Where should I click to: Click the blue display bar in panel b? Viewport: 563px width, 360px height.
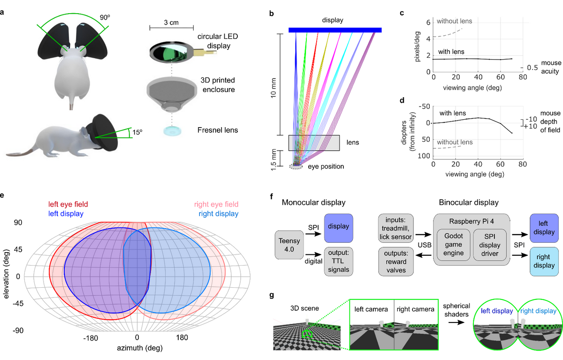point(335,30)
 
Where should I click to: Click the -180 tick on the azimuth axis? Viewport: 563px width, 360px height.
point(90,337)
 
